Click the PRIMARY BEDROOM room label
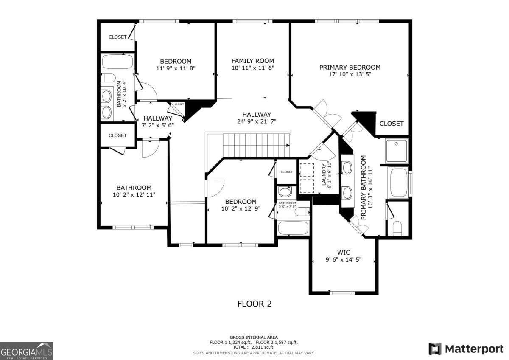(350, 67)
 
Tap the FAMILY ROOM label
(252, 61)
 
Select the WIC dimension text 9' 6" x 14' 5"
(343, 259)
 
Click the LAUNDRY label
(324, 175)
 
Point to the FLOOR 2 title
(254, 304)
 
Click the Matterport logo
(466, 349)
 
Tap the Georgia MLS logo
(27, 351)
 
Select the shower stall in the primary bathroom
(397, 151)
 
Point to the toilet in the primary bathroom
(397, 228)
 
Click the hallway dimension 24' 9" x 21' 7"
(257, 121)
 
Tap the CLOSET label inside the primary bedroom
(391, 124)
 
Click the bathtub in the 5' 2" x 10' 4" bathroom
(117, 62)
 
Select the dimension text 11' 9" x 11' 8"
(175, 68)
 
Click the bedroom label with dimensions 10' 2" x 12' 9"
(241, 202)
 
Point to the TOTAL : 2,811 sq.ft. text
(254, 347)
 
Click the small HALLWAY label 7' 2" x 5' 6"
(158, 118)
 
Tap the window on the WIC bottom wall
(342, 292)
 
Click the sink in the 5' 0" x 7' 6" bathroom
(285, 192)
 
